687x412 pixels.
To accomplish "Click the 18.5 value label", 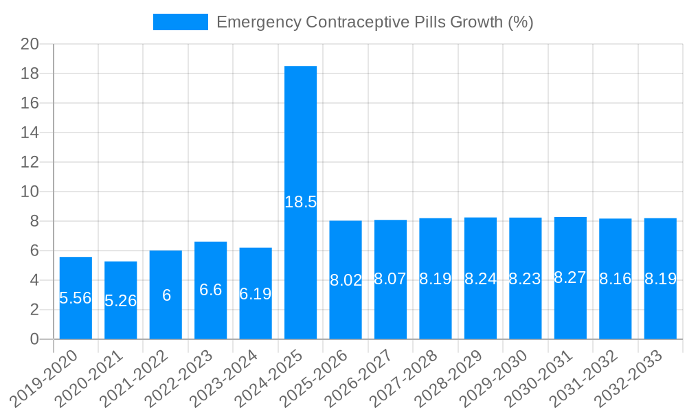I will [300, 202].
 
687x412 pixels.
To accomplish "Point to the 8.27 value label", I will [570, 277].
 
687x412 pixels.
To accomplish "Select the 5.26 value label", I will [121, 301].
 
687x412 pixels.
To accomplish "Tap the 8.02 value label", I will [346, 280].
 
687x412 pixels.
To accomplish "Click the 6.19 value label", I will [256, 294].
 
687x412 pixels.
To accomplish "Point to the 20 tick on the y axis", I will [30, 44].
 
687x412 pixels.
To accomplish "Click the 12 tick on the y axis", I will [30, 162].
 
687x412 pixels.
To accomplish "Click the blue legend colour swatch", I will [180, 22].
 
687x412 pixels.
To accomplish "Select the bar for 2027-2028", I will [436, 309].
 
